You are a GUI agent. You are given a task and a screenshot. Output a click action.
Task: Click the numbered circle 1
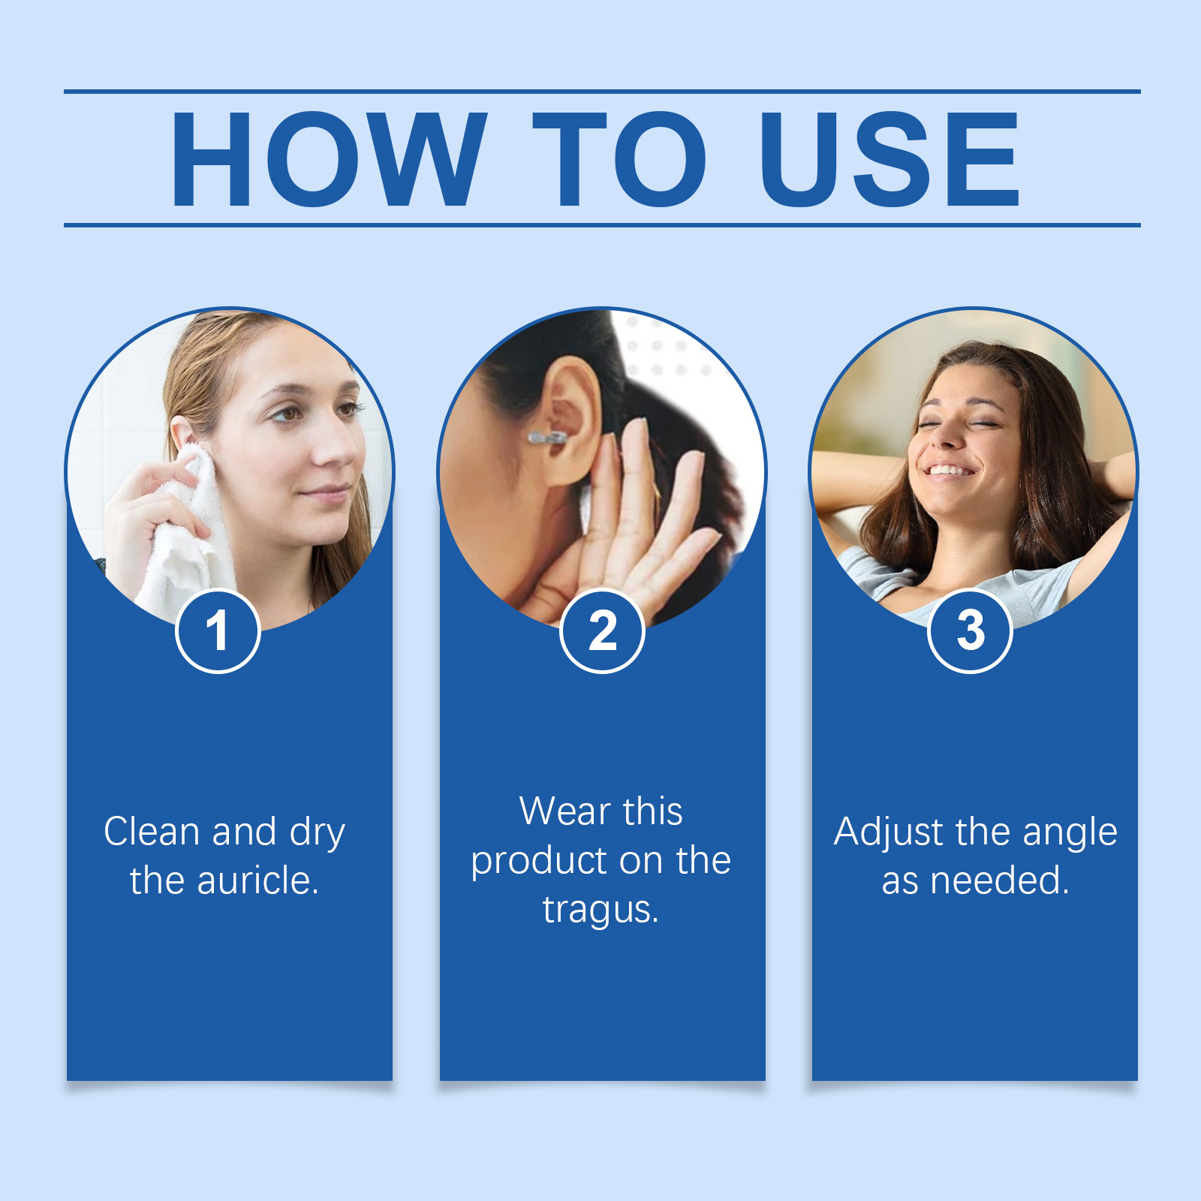218,631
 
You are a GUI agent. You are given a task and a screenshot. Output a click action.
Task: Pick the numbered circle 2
602,631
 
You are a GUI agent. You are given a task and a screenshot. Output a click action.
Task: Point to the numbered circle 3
970,631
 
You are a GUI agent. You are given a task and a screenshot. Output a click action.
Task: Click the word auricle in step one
257,880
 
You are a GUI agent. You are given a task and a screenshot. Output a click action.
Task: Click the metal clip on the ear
546,438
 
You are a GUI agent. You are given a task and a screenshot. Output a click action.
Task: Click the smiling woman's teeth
949,471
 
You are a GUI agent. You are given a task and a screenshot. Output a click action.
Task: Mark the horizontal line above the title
602,92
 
